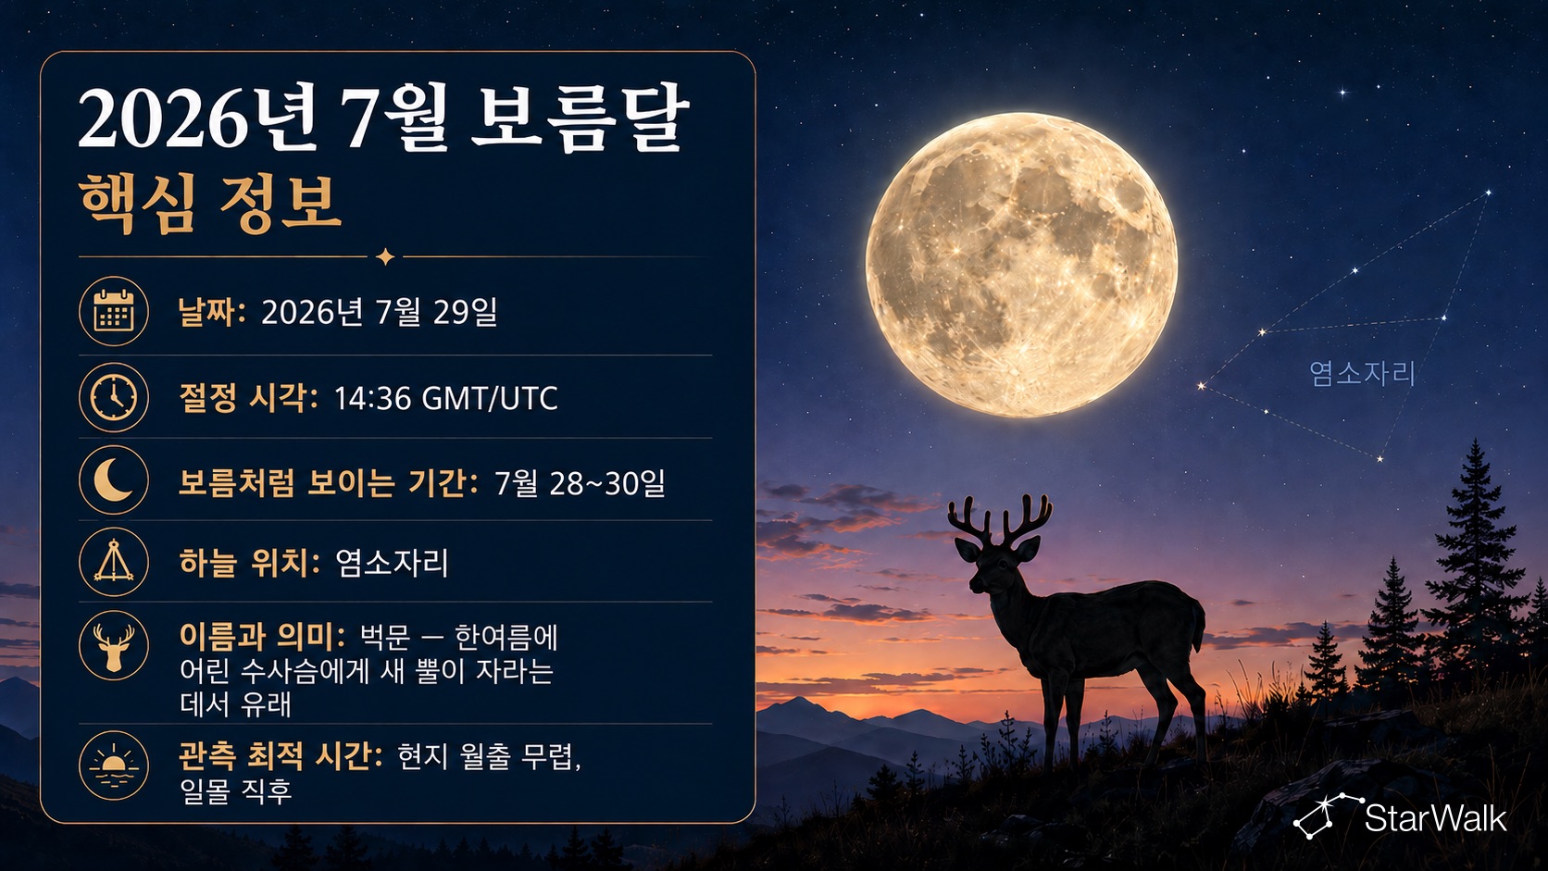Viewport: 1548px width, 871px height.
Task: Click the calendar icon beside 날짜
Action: click(113, 312)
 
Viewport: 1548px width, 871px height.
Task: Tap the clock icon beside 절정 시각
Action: click(113, 397)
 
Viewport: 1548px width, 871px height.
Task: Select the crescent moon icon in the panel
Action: click(113, 480)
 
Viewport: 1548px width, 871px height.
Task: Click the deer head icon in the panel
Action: click(113, 645)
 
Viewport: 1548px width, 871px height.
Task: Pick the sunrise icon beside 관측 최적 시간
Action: click(113, 765)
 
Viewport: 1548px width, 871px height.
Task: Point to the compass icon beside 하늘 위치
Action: click(113, 562)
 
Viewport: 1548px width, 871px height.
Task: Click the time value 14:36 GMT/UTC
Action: click(445, 399)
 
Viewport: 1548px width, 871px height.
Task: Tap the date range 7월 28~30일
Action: click(580, 483)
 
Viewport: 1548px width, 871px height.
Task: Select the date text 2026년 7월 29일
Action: click(380, 312)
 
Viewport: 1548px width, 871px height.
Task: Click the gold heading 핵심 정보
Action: click(210, 204)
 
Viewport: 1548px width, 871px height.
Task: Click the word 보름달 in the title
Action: click(580, 118)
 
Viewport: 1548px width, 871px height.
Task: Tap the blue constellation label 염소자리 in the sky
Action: click(1362, 374)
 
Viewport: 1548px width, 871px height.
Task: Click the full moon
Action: click(1021, 265)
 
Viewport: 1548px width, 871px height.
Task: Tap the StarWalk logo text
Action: click(1435, 818)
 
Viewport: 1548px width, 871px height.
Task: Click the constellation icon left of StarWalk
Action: click(1327, 816)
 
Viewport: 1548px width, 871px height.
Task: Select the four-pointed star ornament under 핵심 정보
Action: click(385, 257)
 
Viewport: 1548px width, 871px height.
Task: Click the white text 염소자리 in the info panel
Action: click(392, 563)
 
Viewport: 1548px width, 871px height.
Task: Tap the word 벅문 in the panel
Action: click(385, 638)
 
